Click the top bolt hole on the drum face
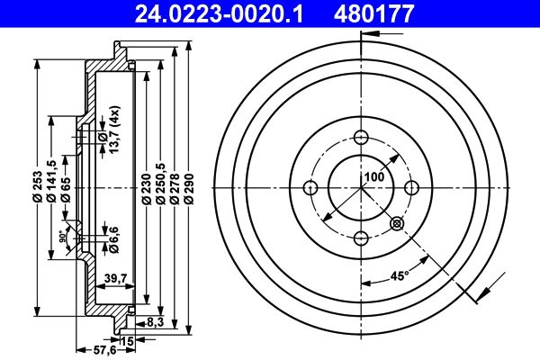coord(362,138)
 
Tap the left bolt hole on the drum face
coord(311,187)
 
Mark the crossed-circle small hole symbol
coord(397,223)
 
